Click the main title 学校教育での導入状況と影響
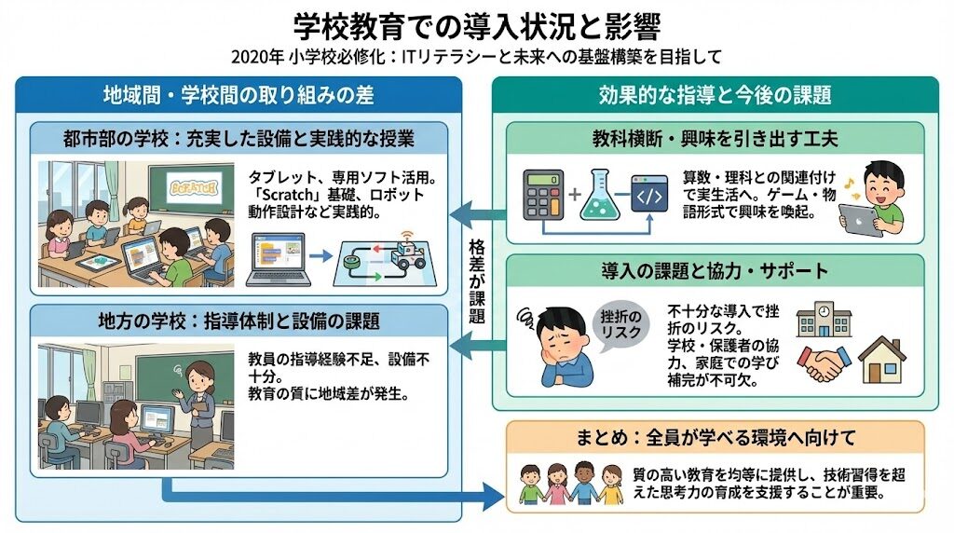pyautogui.click(x=476, y=22)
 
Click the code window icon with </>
pyautogui.click(x=652, y=195)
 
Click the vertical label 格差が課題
pyautogui.click(x=478, y=280)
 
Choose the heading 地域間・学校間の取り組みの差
pyautogui.click(x=239, y=95)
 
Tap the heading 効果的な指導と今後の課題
pyautogui.click(x=715, y=95)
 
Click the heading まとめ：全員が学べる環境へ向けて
pyautogui.click(x=715, y=437)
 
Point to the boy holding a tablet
pyautogui.click(x=876, y=199)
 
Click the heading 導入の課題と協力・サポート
pyautogui.click(x=715, y=271)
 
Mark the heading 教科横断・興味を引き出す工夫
pyautogui.click(x=715, y=140)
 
